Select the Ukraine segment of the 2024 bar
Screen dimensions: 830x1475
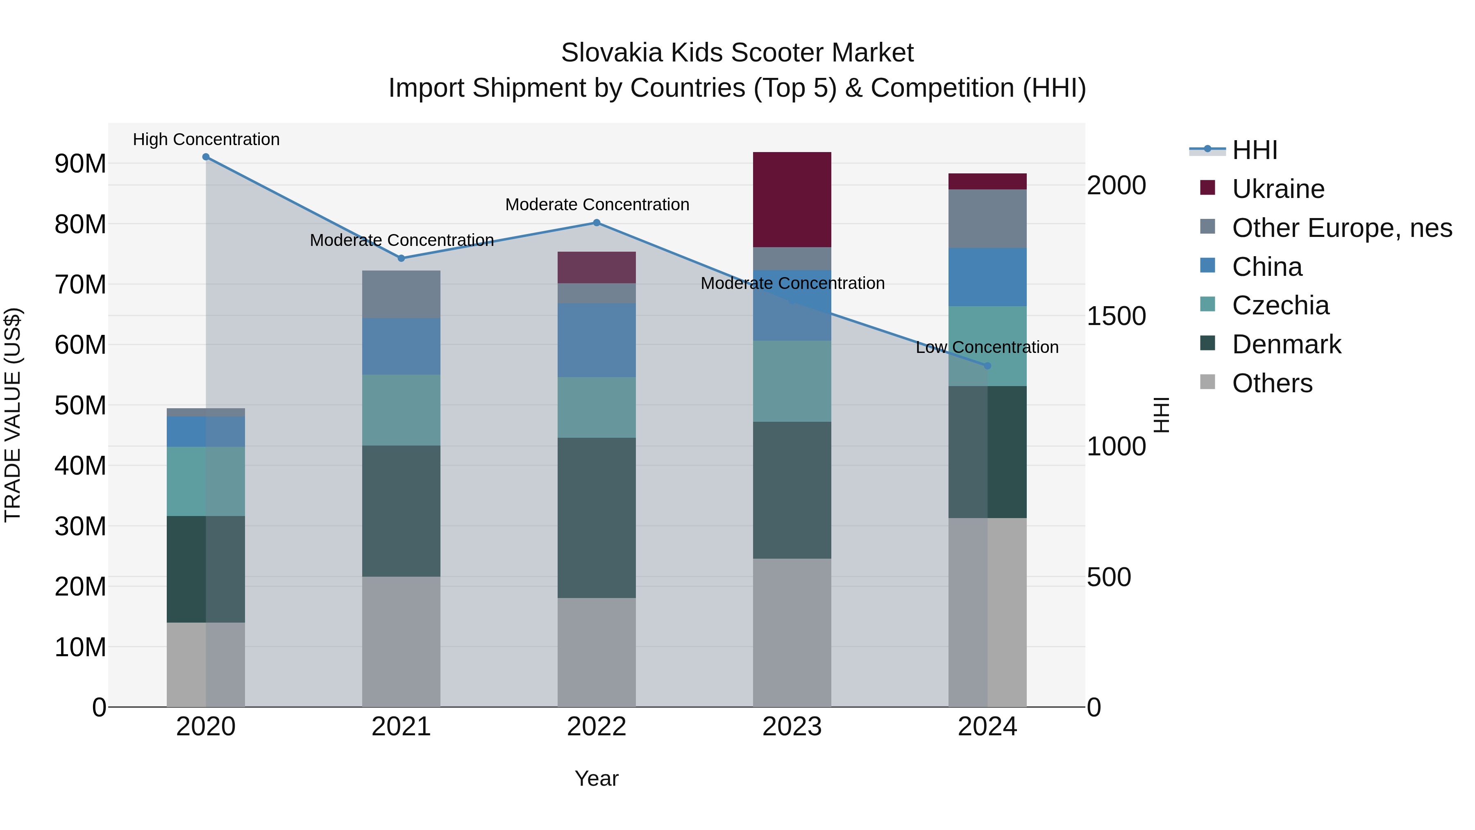[x=987, y=181]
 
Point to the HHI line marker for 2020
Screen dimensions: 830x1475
[x=206, y=157]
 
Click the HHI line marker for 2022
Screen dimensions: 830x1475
[x=596, y=223]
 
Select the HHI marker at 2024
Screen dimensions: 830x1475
[x=987, y=366]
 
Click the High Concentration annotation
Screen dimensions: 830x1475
[x=206, y=139]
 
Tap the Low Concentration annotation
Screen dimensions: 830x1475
[x=987, y=347]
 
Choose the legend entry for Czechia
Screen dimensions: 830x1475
[x=1280, y=305]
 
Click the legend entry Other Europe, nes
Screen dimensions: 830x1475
[x=1341, y=228]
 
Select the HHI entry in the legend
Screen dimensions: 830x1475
[x=1254, y=150]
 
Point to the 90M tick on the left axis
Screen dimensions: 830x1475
[x=80, y=164]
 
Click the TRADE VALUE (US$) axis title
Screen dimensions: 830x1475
[x=13, y=415]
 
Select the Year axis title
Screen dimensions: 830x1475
[x=596, y=778]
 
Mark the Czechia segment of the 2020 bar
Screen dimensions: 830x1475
[x=206, y=481]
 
